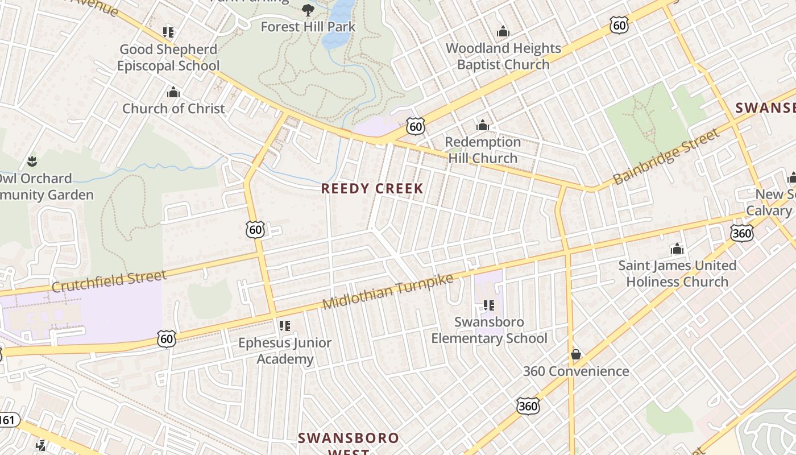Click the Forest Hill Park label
coord(308,27)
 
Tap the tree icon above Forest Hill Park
coord(308,10)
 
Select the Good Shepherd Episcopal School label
coord(168,57)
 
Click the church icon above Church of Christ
coord(173,92)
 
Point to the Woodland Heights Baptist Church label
coord(503,56)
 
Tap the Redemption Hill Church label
coord(483,150)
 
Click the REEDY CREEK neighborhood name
coord(372,189)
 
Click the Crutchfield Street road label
coord(109,281)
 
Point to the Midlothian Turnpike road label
coord(388,291)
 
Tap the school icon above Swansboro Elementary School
coord(488,305)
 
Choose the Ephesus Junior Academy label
coord(285,351)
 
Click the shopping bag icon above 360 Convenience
coord(576,355)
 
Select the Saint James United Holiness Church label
coord(677,274)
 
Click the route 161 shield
coord(7,420)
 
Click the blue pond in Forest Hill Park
coord(339,26)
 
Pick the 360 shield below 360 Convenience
coord(528,406)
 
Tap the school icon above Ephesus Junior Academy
coord(285,326)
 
